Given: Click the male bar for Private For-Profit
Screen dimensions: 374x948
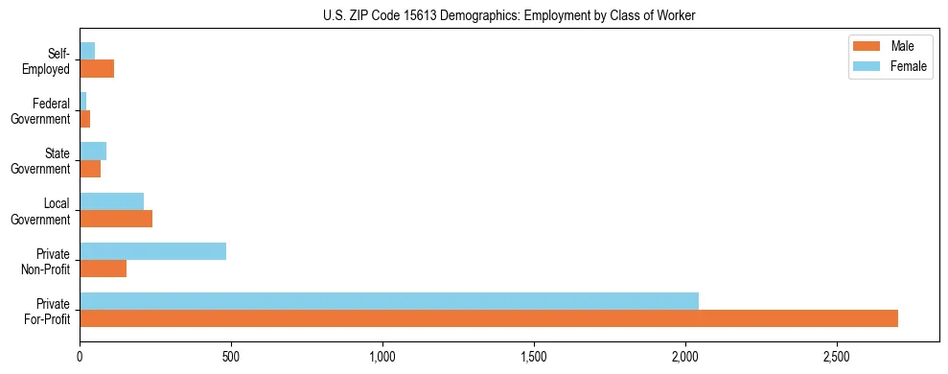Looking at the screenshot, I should [489, 318].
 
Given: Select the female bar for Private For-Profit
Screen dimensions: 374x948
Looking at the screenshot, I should [389, 301].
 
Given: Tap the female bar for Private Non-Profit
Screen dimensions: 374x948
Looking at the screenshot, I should [152, 251].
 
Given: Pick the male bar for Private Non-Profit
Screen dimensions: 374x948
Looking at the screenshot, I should [103, 269].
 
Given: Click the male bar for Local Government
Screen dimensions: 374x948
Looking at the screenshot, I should [116, 219].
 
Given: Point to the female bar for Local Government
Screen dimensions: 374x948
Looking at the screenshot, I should [111, 201].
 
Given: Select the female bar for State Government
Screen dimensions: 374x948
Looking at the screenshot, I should [93, 152].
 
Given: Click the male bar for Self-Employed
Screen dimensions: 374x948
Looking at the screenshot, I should [97, 69].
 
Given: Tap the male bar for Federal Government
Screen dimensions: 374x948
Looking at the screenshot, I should [84, 119].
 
